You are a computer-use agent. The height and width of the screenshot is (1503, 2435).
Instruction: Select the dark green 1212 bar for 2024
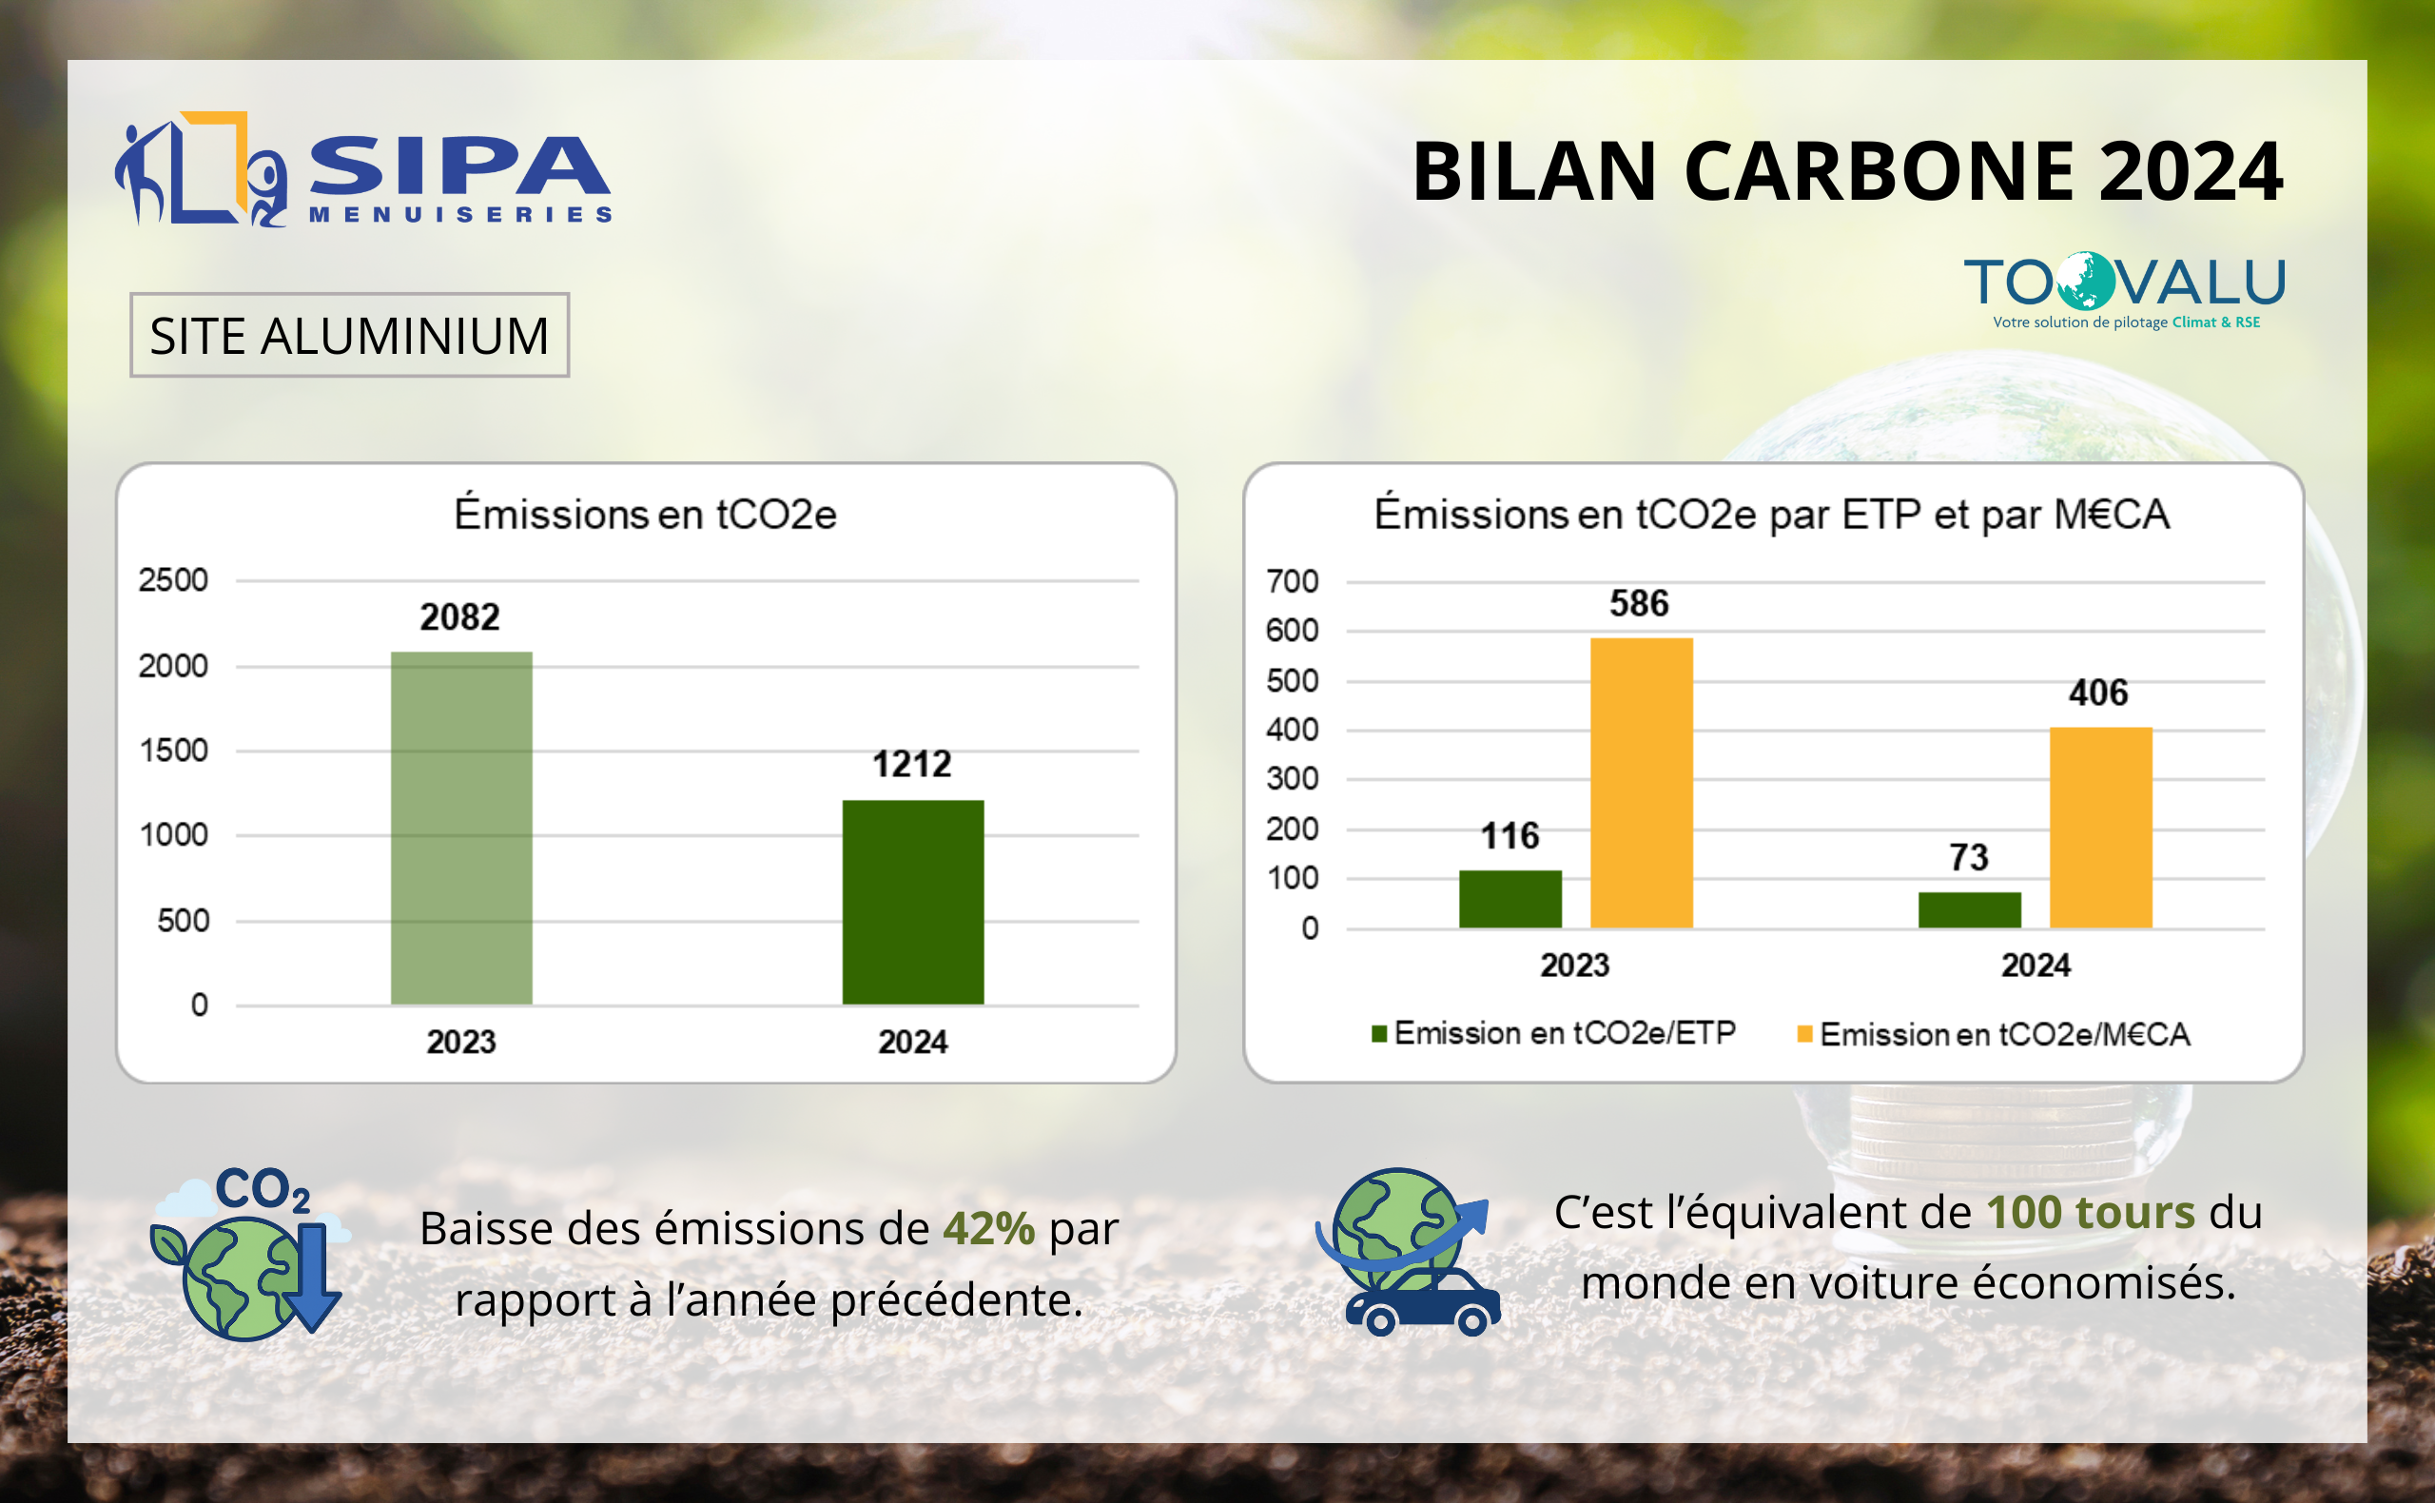pyautogui.click(x=912, y=902)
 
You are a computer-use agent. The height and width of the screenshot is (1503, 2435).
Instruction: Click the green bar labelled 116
pyautogui.click(x=1510, y=899)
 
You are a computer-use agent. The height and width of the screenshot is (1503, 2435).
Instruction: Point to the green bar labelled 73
pyautogui.click(x=1969, y=909)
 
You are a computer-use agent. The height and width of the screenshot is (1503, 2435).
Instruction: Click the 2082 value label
pyautogui.click(x=459, y=617)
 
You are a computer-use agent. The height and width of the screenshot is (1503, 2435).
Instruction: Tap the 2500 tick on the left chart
pyautogui.click(x=173, y=580)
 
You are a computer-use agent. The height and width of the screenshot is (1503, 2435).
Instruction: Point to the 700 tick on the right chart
pyautogui.click(x=1291, y=581)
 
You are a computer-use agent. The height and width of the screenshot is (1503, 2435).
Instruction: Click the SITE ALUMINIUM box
pyautogui.click(x=349, y=335)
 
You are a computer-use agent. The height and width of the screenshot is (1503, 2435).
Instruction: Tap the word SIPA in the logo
pyautogui.click(x=459, y=166)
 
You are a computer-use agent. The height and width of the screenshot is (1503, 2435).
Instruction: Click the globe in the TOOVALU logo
pyautogui.click(x=2084, y=282)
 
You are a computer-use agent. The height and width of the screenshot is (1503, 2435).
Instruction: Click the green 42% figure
pyautogui.click(x=988, y=1229)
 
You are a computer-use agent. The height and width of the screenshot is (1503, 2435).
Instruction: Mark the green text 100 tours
pyautogui.click(x=2090, y=1213)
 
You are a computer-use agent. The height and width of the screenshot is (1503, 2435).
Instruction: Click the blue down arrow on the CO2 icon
pyautogui.click(x=313, y=1278)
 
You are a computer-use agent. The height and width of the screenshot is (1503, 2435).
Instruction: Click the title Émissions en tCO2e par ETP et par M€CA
pyautogui.click(x=1771, y=515)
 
